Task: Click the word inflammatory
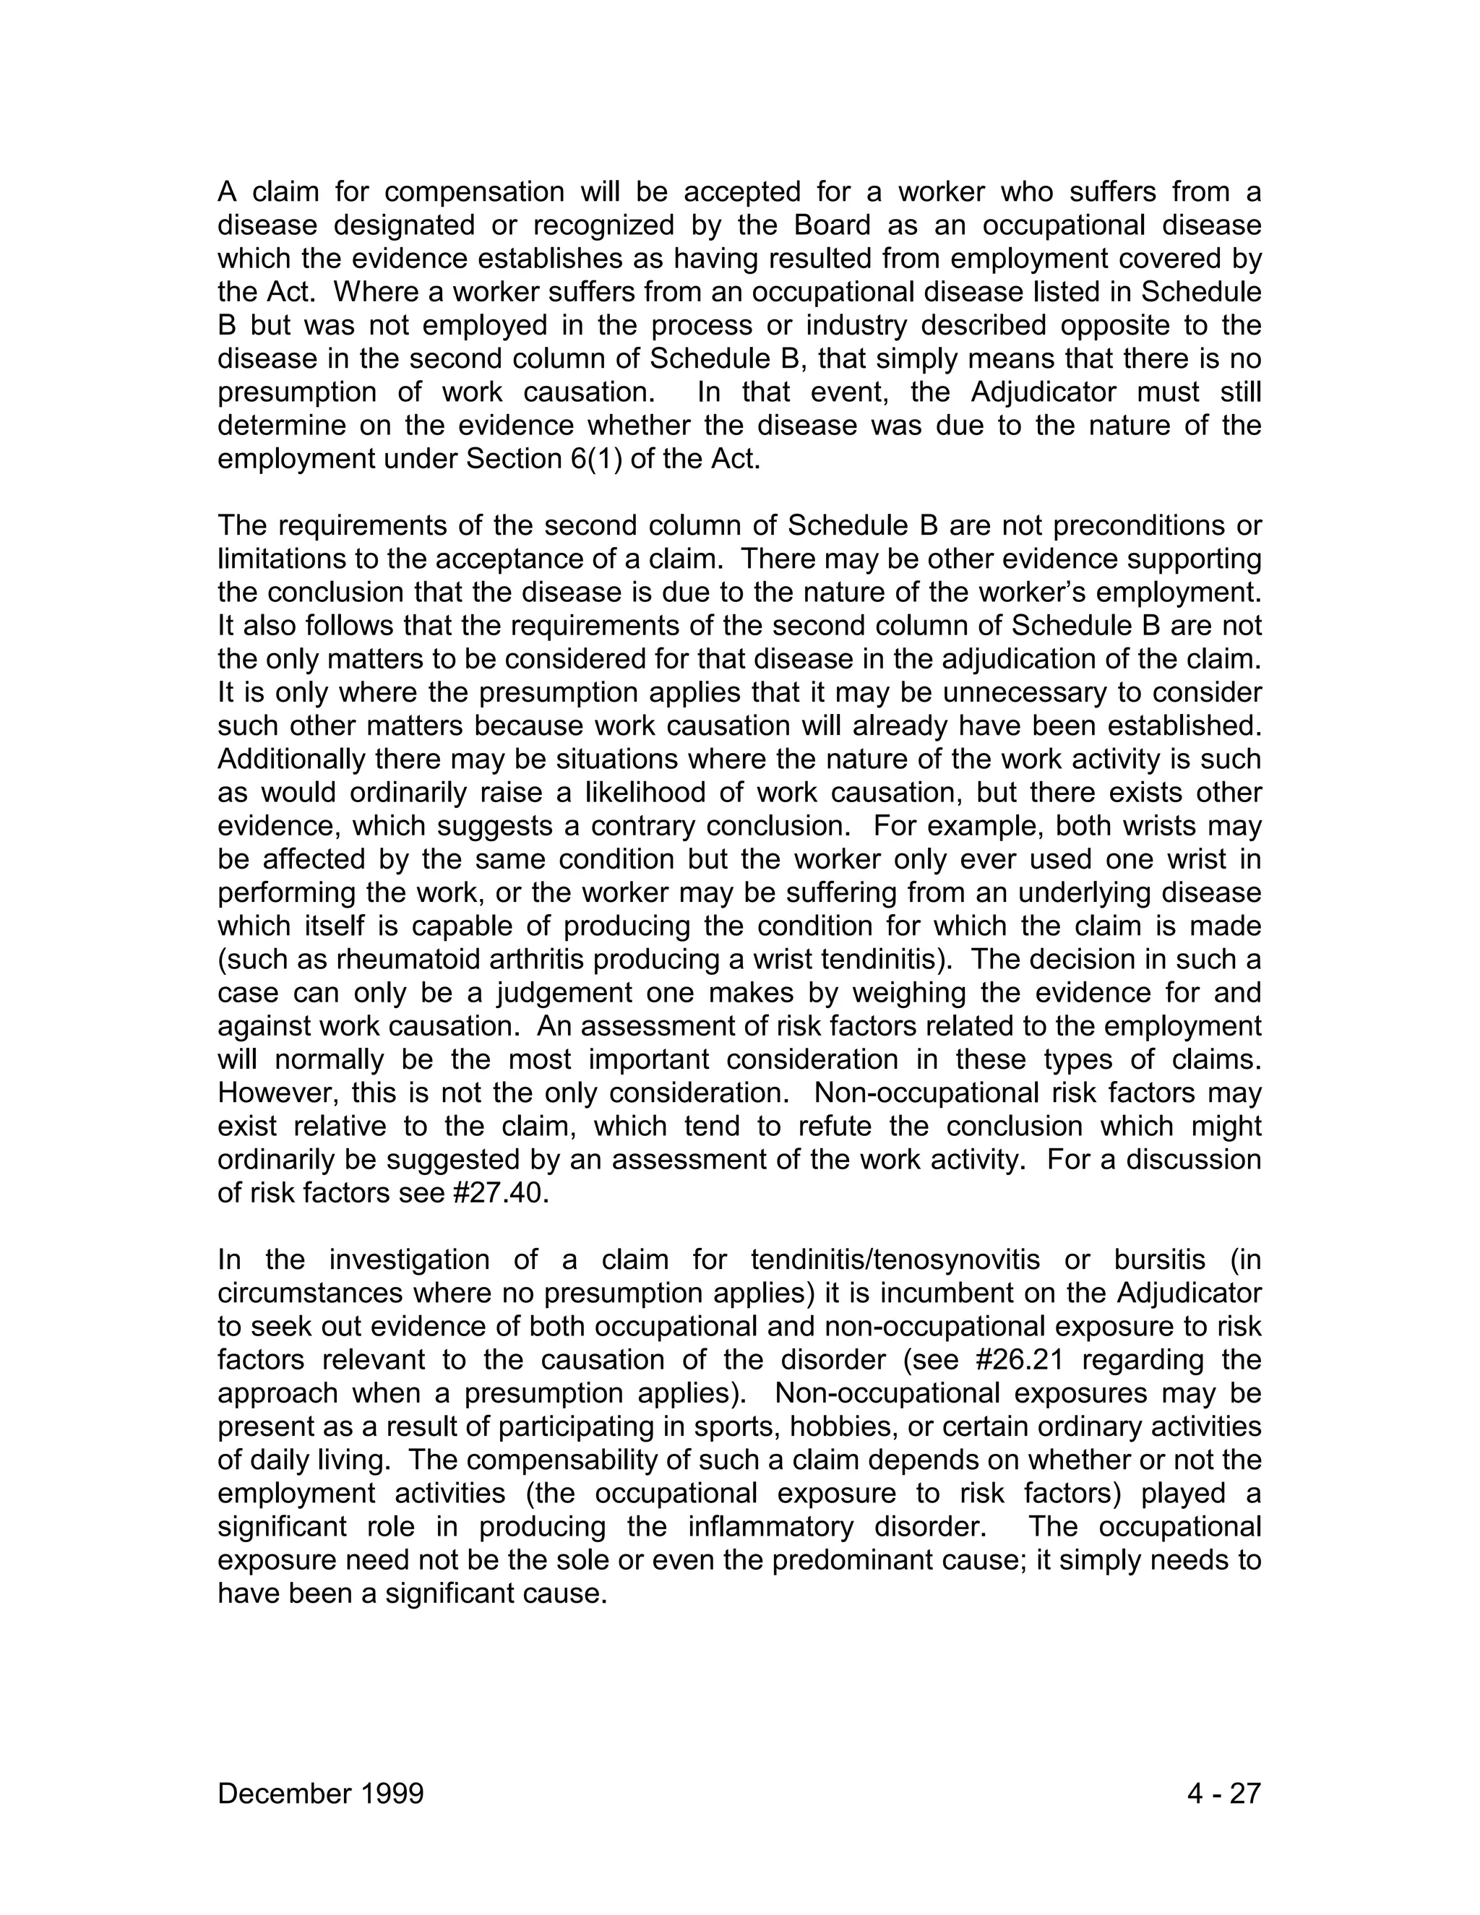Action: click(770, 1526)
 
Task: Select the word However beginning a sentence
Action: click(276, 1093)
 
